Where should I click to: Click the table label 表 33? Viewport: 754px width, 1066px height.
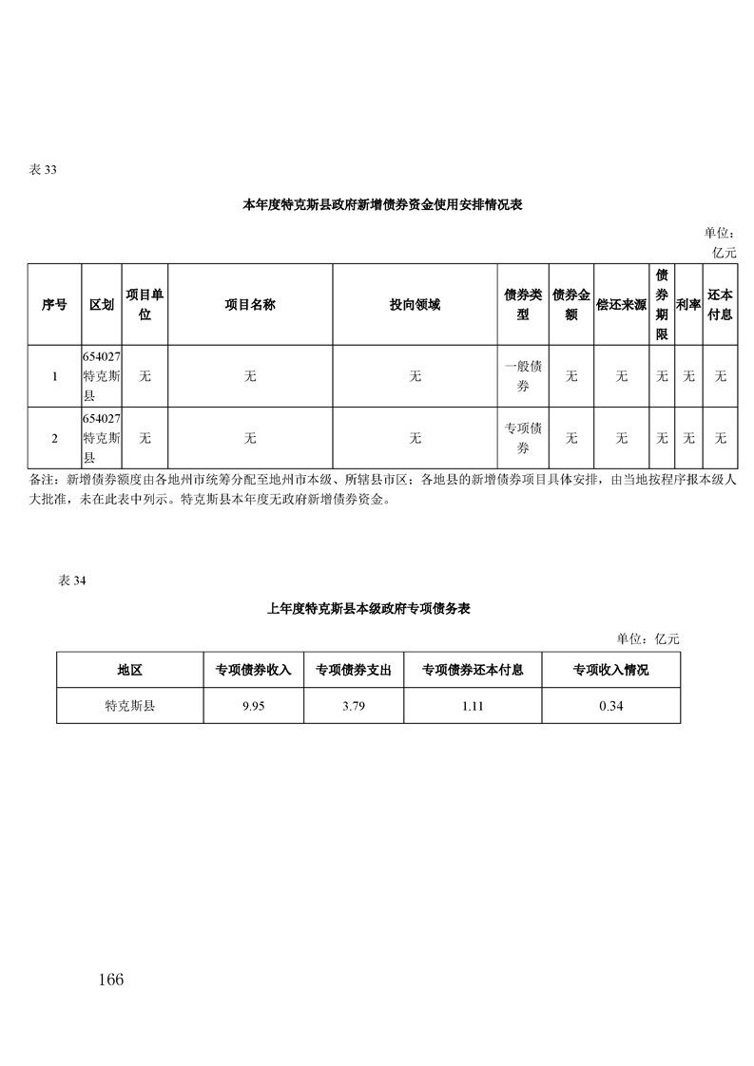click(43, 170)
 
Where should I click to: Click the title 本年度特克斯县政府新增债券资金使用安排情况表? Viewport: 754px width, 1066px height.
click(382, 204)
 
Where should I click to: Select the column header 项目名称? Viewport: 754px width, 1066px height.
click(250, 305)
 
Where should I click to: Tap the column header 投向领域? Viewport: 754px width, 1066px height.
click(416, 305)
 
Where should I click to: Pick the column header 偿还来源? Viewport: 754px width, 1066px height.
click(621, 305)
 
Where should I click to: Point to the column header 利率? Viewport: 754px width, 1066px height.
click(688, 305)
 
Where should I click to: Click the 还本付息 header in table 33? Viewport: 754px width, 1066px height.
click(720, 305)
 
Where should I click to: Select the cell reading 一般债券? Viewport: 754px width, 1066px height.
click(523, 376)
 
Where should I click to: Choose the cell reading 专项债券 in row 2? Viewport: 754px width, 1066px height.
click(523, 438)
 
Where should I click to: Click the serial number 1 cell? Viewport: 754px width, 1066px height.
click(55, 376)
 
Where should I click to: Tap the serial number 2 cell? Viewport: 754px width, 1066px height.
click(55, 439)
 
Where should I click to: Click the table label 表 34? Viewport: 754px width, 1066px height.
click(72, 581)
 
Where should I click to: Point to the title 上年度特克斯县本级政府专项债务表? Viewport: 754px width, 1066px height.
click(369, 608)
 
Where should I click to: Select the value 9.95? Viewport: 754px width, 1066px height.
click(254, 706)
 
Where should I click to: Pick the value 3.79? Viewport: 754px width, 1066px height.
click(354, 706)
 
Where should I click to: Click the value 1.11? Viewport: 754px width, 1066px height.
click(473, 706)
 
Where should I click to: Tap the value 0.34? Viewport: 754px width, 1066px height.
click(611, 706)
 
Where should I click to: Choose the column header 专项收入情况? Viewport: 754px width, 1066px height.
click(611, 671)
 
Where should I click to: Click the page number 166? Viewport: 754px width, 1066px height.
click(111, 980)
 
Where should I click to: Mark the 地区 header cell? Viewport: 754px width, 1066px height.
click(130, 671)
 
